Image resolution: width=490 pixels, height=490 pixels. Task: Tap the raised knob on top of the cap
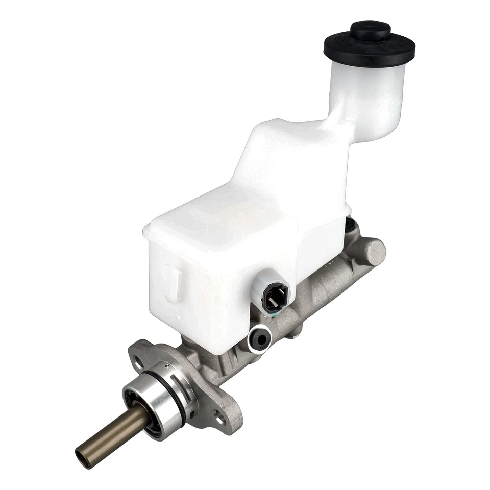[x=370, y=29]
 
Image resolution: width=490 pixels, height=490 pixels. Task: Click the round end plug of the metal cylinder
[x=375, y=252]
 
